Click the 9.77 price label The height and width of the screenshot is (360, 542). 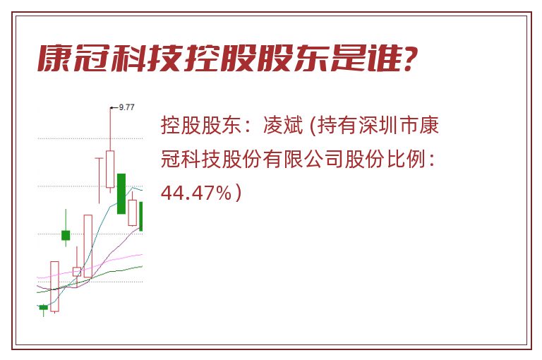pyautogui.click(x=126, y=107)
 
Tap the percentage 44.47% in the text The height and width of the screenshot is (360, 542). pyautogui.click(x=196, y=193)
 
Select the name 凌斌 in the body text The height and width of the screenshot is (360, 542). pyautogui.click(x=284, y=125)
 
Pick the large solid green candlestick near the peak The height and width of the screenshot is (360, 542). pyautogui.click(x=121, y=193)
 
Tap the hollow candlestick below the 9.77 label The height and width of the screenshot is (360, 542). pyautogui.click(x=110, y=169)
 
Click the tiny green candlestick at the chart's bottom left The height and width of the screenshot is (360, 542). pyautogui.click(x=43, y=307)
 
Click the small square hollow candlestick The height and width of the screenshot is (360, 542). pyautogui.click(x=77, y=272)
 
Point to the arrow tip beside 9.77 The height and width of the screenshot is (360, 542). pyautogui.click(x=110, y=108)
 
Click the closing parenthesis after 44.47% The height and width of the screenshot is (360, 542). pyautogui.click(x=238, y=193)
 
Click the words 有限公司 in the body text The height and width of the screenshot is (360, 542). pyautogui.click(x=303, y=159)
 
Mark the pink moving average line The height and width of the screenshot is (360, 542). pyautogui.click(x=90, y=267)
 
